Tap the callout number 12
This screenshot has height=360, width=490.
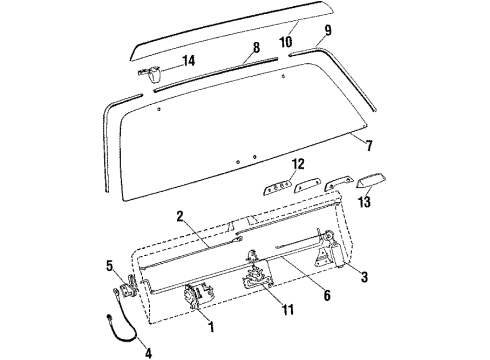pos(297,162)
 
